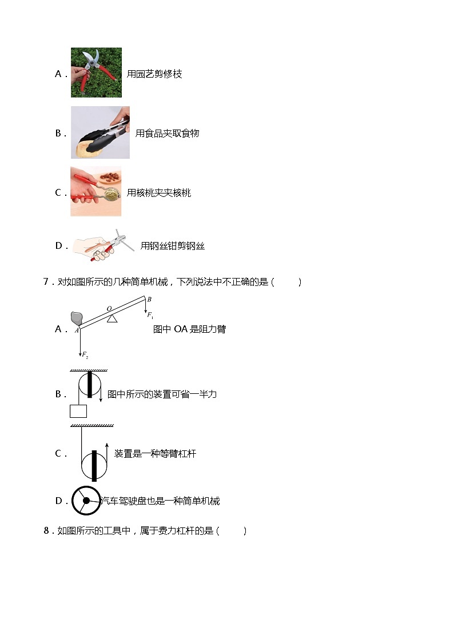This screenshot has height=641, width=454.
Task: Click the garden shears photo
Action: [96, 72]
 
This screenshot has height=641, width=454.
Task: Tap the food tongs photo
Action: [100, 132]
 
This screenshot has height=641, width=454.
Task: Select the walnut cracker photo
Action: [95, 192]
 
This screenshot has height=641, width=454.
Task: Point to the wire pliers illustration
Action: [103, 245]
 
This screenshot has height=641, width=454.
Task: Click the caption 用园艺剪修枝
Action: [154, 74]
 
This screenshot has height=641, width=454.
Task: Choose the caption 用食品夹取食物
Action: [167, 134]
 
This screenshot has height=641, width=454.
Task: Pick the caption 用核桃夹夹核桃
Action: [159, 193]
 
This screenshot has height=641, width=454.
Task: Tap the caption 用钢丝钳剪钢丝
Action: [172, 246]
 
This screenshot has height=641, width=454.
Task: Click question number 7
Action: [47, 282]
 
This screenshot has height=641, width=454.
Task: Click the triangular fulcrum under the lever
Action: [112, 318]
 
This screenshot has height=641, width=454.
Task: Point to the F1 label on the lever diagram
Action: [150, 315]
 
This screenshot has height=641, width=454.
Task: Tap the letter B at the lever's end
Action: [149, 300]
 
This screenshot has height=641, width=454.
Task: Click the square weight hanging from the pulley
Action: [78, 410]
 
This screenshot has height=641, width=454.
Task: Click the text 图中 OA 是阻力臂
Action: [189, 329]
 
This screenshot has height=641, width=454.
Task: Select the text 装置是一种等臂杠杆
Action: [155, 454]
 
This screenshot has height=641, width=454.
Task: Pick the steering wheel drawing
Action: [86, 501]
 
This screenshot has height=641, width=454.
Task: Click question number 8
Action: [47, 531]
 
